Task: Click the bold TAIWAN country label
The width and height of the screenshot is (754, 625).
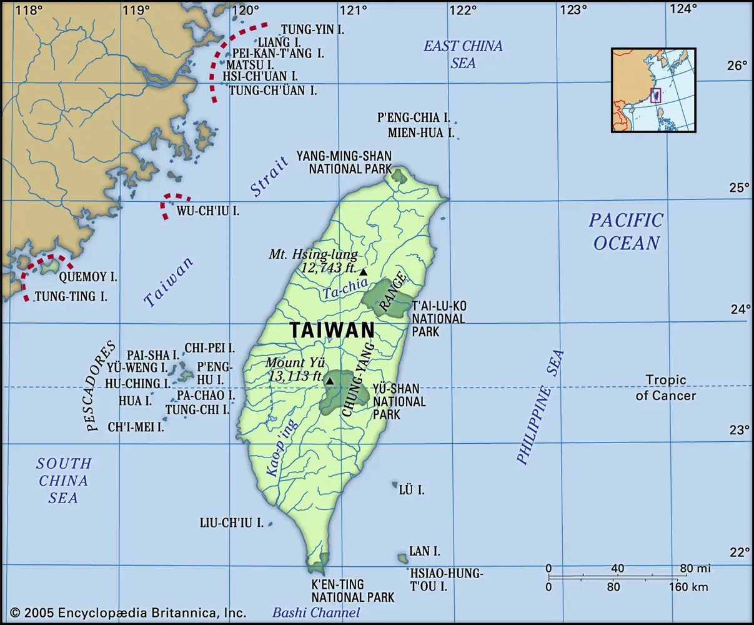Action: (x=332, y=329)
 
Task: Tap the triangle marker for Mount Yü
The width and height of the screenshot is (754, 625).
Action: (x=329, y=381)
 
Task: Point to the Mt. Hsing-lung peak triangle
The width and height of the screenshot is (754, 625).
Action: (x=363, y=272)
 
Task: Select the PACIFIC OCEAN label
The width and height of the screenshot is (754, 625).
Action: (x=626, y=231)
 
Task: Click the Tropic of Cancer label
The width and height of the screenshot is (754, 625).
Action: (x=666, y=387)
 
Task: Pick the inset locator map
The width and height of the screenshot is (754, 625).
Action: (x=653, y=90)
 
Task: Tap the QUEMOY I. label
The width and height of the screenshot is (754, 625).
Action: (x=87, y=276)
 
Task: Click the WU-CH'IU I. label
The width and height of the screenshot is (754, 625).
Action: (x=208, y=211)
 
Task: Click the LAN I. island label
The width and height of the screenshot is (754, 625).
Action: (x=424, y=551)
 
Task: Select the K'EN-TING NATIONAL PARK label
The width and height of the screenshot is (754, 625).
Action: (x=353, y=591)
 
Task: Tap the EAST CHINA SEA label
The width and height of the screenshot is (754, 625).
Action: (x=463, y=54)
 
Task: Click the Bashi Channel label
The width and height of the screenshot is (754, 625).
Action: (x=316, y=613)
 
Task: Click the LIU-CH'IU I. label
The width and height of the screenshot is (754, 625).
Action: (x=231, y=522)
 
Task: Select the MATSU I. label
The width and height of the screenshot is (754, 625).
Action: (x=250, y=64)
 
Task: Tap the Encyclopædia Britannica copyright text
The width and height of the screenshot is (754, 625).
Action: (x=128, y=613)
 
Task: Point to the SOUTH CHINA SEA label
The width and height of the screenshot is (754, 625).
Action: (x=63, y=480)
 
